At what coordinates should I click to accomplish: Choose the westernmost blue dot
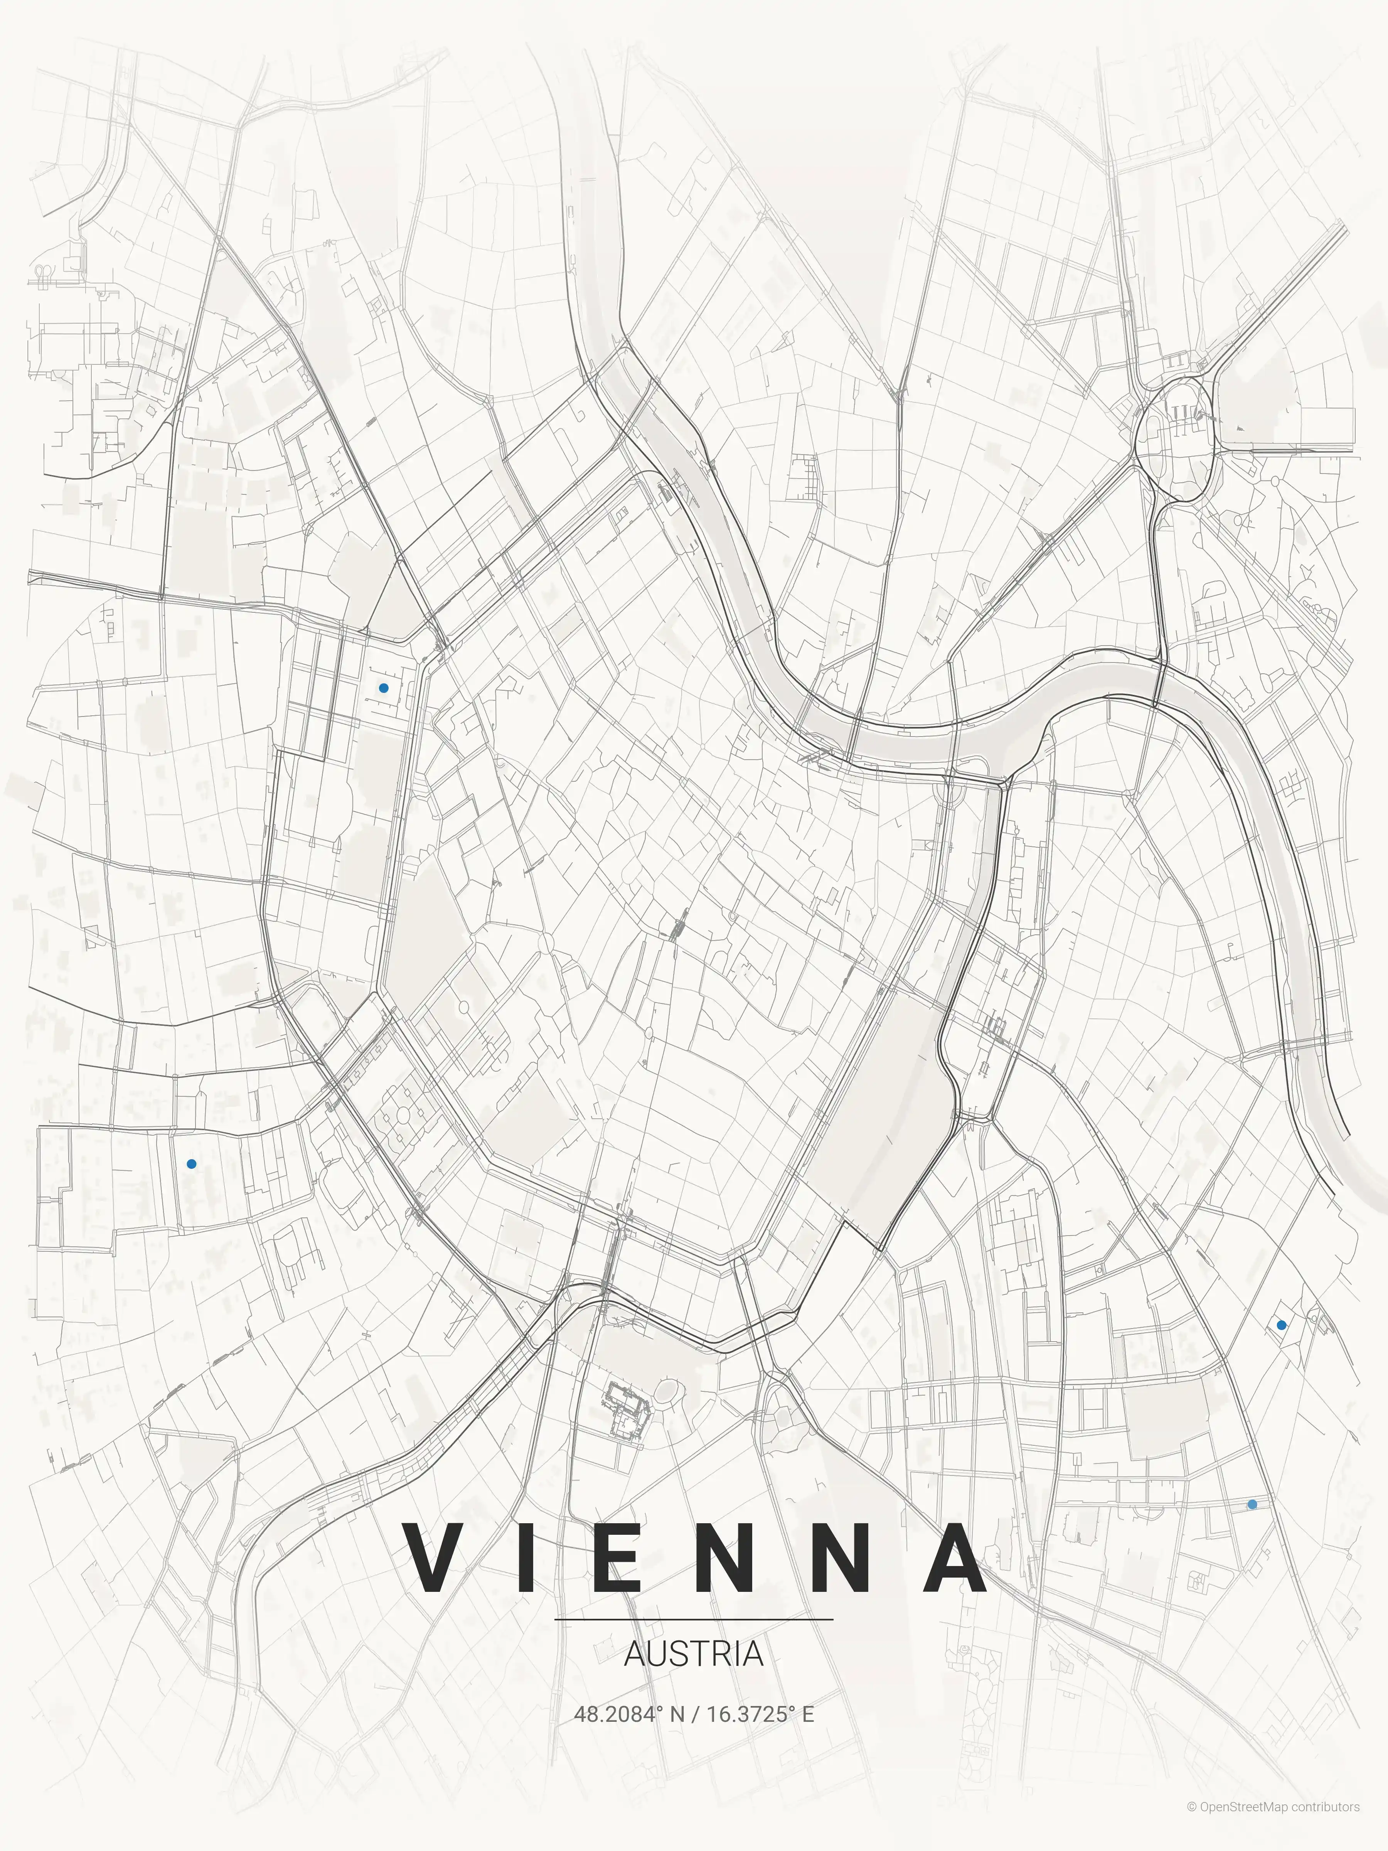(192, 1164)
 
